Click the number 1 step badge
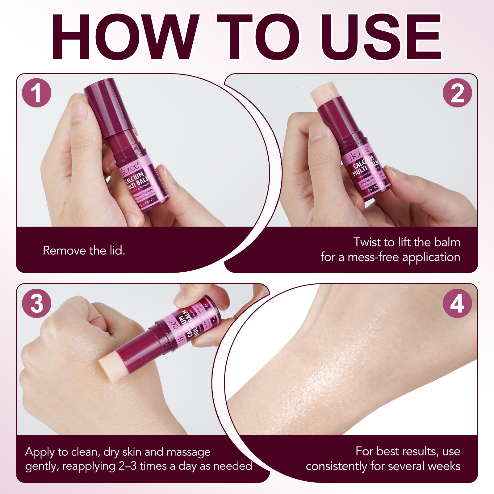[36, 93]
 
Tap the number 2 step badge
[457, 93]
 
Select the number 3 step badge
[36, 303]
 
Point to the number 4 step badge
[457, 303]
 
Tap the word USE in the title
[381, 37]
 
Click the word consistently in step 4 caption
[336, 466]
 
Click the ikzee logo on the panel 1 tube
[130, 168]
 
